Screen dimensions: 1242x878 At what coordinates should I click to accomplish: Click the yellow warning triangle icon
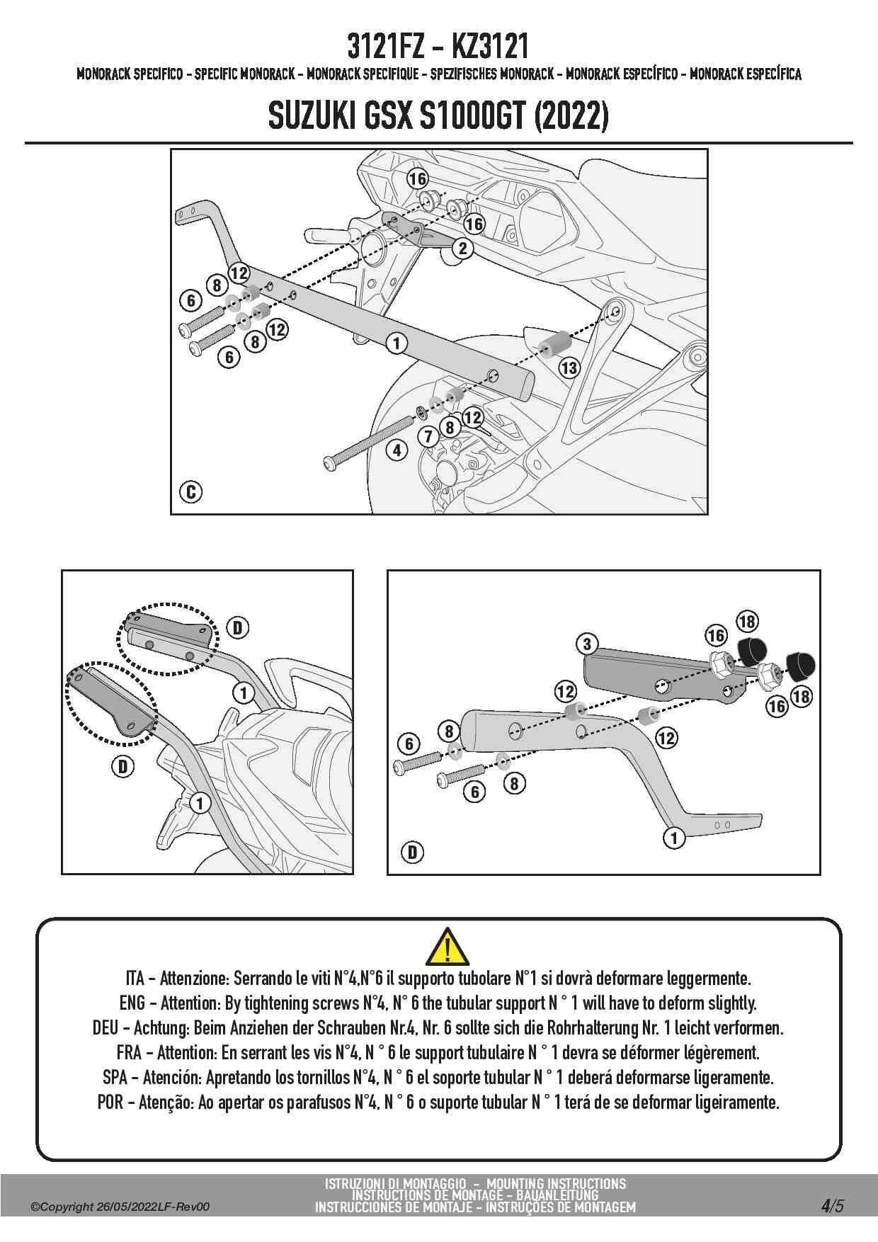coord(447,946)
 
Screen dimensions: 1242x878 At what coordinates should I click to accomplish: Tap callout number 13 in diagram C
coord(569,368)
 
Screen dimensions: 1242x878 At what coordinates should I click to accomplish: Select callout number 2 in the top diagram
coord(463,248)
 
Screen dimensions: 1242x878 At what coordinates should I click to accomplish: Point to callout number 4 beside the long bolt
coord(397,450)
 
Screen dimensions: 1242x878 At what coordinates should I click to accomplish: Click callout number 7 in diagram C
coord(428,437)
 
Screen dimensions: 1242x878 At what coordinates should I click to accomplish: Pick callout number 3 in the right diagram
coord(587,644)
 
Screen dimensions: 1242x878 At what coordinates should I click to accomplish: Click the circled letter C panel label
coord(191,491)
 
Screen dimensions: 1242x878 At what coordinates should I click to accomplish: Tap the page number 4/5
coord(832,1205)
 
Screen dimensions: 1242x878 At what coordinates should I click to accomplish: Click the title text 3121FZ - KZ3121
coord(438,47)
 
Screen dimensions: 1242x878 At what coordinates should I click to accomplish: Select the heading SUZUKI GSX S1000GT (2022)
coord(438,117)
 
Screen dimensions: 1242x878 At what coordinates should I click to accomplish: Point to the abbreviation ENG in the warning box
coord(132,1003)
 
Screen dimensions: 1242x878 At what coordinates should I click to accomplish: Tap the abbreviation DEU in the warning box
coord(106,1028)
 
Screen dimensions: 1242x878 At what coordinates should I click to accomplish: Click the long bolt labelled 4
coord(368,440)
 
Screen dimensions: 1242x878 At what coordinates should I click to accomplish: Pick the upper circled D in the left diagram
coord(237,627)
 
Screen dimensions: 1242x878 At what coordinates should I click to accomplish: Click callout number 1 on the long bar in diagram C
coord(397,343)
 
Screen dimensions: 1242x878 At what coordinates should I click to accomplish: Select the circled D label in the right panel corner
coord(413,852)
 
